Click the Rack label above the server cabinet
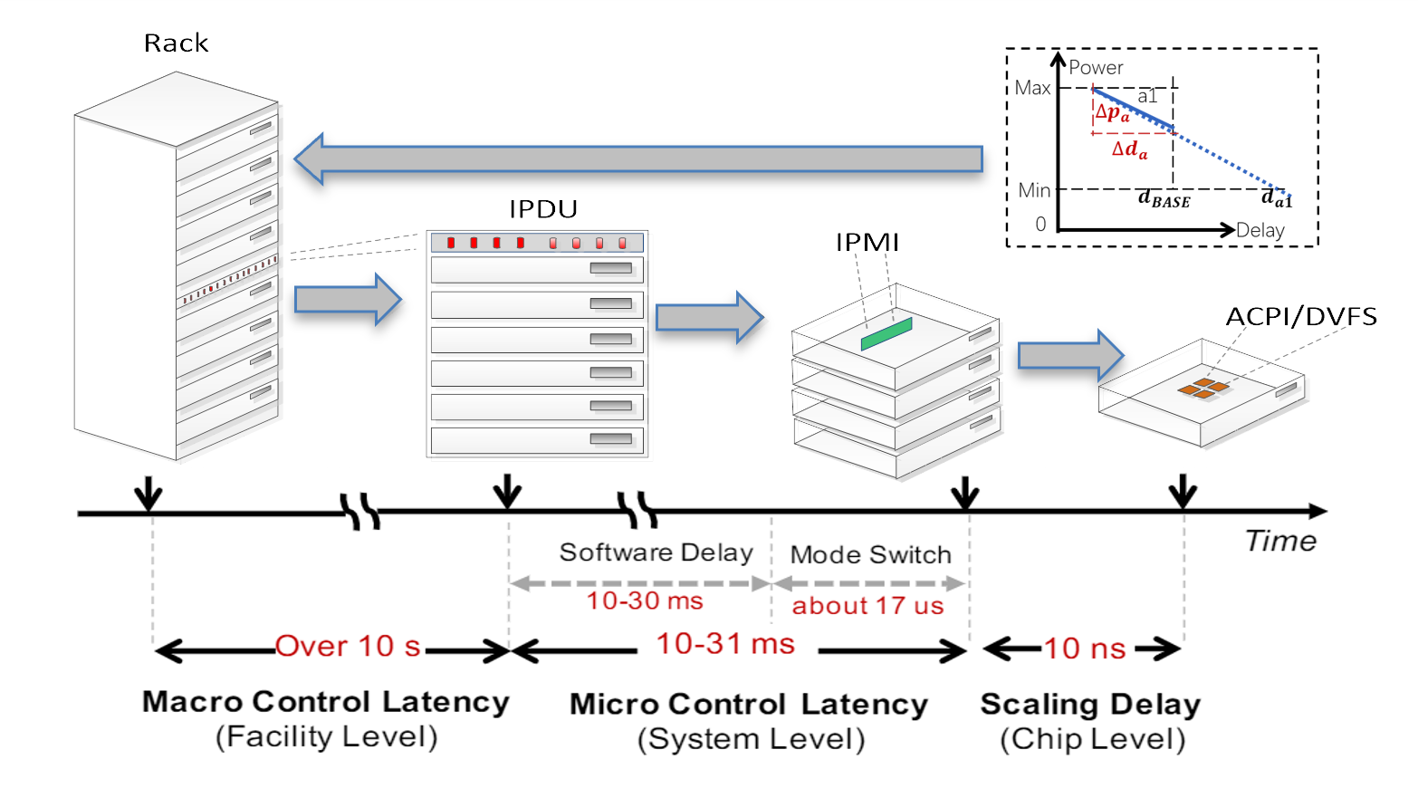click(176, 43)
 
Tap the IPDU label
click(543, 209)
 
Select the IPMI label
click(867, 243)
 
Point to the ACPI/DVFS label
click(1300, 317)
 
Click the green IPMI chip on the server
click(886, 333)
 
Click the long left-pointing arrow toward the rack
click(638, 159)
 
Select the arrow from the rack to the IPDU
click(348, 299)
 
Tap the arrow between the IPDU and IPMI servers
click(709, 317)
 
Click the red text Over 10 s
click(349, 647)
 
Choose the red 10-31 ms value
click(725, 644)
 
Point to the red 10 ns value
click(1084, 648)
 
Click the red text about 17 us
click(867, 606)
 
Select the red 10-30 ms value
click(644, 600)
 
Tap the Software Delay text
click(656, 552)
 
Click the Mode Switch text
click(870, 554)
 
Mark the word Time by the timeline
click(1280, 541)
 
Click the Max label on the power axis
click(1032, 88)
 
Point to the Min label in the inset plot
click(1034, 190)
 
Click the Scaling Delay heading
click(1090, 704)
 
